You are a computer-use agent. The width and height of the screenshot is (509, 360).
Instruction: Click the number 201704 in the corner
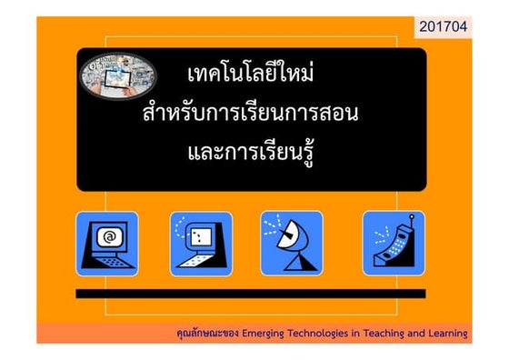pyautogui.click(x=444, y=28)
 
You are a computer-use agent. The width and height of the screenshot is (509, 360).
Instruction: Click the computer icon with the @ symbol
pyautogui.click(x=107, y=243)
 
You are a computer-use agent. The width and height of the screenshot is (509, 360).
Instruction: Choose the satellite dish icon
pyautogui.click(x=291, y=243)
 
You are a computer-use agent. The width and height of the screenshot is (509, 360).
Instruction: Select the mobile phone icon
pyautogui.click(x=394, y=243)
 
